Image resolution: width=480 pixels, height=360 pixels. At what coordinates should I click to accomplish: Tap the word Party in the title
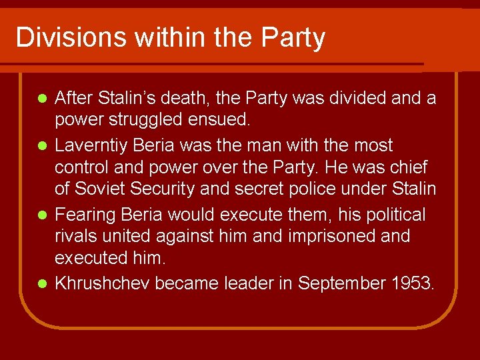[293, 37]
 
